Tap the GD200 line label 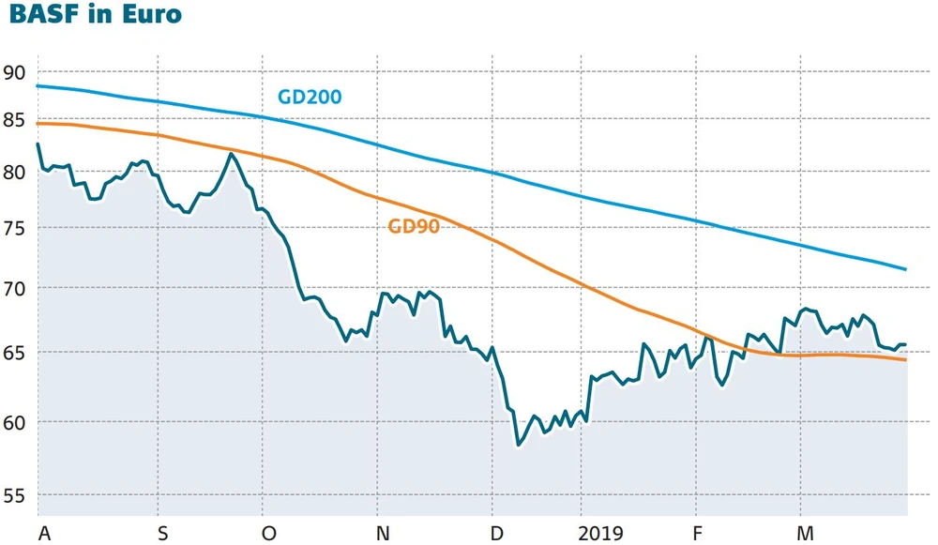click(x=309, y=97)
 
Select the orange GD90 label click(x=414, y=225)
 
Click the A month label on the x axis click(x=42, y=533)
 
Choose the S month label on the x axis click(x=163, y=533)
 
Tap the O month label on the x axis click(x=269, y=533)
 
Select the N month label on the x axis click(x=383, y=533)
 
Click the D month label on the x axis click(x=497, y=533)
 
